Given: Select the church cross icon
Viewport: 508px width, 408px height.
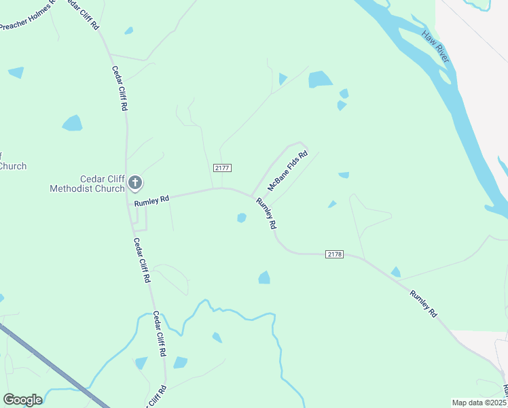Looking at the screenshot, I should pos(135,182).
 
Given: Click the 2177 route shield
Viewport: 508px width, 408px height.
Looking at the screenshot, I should pos(222,168).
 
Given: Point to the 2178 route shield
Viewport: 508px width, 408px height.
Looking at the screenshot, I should pos(334,254).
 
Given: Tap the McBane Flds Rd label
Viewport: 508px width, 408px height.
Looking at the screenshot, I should pos(288,171).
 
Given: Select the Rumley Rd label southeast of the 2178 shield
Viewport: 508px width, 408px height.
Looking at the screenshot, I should pos(423,303).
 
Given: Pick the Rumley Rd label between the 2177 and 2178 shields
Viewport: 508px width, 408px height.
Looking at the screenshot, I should pos(266,213).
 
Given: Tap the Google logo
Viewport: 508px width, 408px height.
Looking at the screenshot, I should pos(22,400).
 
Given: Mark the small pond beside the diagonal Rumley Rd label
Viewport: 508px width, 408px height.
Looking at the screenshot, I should pos(241,218).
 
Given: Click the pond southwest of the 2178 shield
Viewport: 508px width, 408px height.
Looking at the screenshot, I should pos(264,277).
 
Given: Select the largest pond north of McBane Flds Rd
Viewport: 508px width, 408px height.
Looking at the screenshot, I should pos(320,80).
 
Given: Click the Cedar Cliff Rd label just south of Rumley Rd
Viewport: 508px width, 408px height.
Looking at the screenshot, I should pos(142,260).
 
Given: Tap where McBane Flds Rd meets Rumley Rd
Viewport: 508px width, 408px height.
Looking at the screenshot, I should pos(252,195).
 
